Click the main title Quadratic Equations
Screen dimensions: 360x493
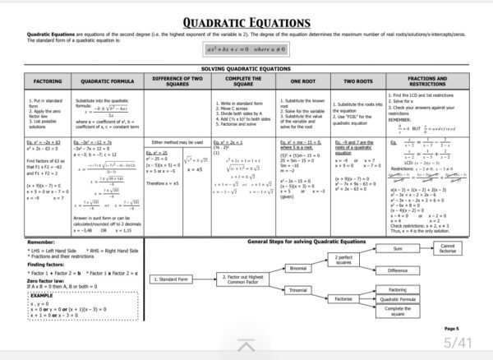tap(246, 22)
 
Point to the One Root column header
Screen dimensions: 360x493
tap(303, 82)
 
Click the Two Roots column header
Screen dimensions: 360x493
tap(358, 82)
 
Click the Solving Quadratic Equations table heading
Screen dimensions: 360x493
tap(246, 70)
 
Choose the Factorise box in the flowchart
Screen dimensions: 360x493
tap(344, 299)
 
